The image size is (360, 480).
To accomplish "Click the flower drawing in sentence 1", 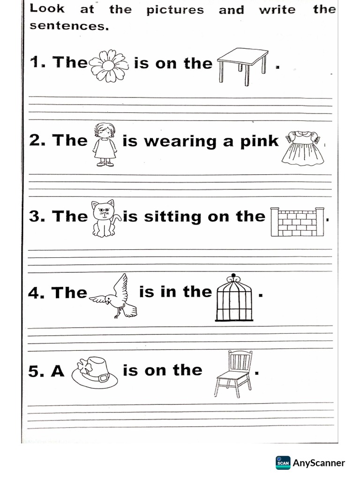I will click(109, 66).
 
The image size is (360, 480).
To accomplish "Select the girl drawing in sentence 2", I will click(105, 144).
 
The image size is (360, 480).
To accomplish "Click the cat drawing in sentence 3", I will click(105, 218).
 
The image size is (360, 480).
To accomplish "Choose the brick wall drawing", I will click(299, 222).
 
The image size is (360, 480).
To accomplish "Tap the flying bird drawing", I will click(115, 297).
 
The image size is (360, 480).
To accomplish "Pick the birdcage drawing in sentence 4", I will click(233, 298).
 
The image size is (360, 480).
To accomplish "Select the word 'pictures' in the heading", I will click(175, 10).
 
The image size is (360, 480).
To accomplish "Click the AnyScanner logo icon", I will click(283, 463).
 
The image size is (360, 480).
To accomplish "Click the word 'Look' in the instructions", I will click(47, 9).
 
